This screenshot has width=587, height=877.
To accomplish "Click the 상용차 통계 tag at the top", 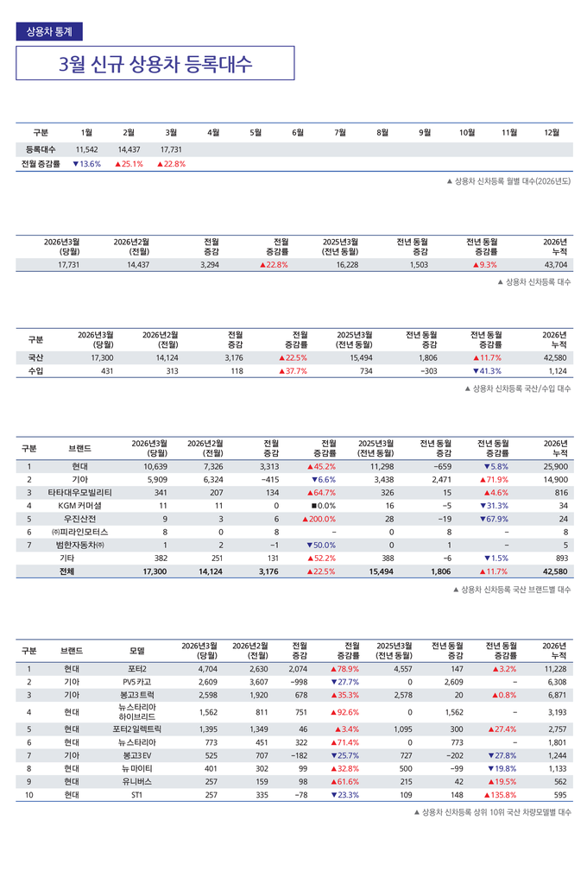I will [x=49, y=31].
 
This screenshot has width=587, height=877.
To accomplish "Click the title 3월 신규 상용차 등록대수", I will [x=155, y=64].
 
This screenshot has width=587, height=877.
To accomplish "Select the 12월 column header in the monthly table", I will [x=552, y=132].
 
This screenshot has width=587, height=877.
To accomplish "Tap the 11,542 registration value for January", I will [x=86, y=149].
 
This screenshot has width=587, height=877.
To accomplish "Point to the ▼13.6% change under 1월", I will [x=86, y=164].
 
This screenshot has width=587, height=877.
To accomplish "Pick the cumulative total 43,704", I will [x=556, y=265].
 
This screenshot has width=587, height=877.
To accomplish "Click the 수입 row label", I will [x=35, y=371].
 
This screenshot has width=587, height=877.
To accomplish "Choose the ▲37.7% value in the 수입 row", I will [x=293, y=371].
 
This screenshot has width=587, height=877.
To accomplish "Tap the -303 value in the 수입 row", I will [x=425, y=371].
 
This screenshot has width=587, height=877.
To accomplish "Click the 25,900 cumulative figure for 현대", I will [x=556, y=466].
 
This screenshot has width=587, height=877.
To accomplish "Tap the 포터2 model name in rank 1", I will [x=136, y=669].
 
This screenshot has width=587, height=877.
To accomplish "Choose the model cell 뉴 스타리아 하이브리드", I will [x=136, y=712].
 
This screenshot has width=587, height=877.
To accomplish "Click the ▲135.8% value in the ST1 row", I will [x=500, y=795].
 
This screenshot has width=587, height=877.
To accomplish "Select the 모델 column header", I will [x=136, y=651].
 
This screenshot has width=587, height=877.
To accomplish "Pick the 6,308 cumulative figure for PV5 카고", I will [x=556, y=682].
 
